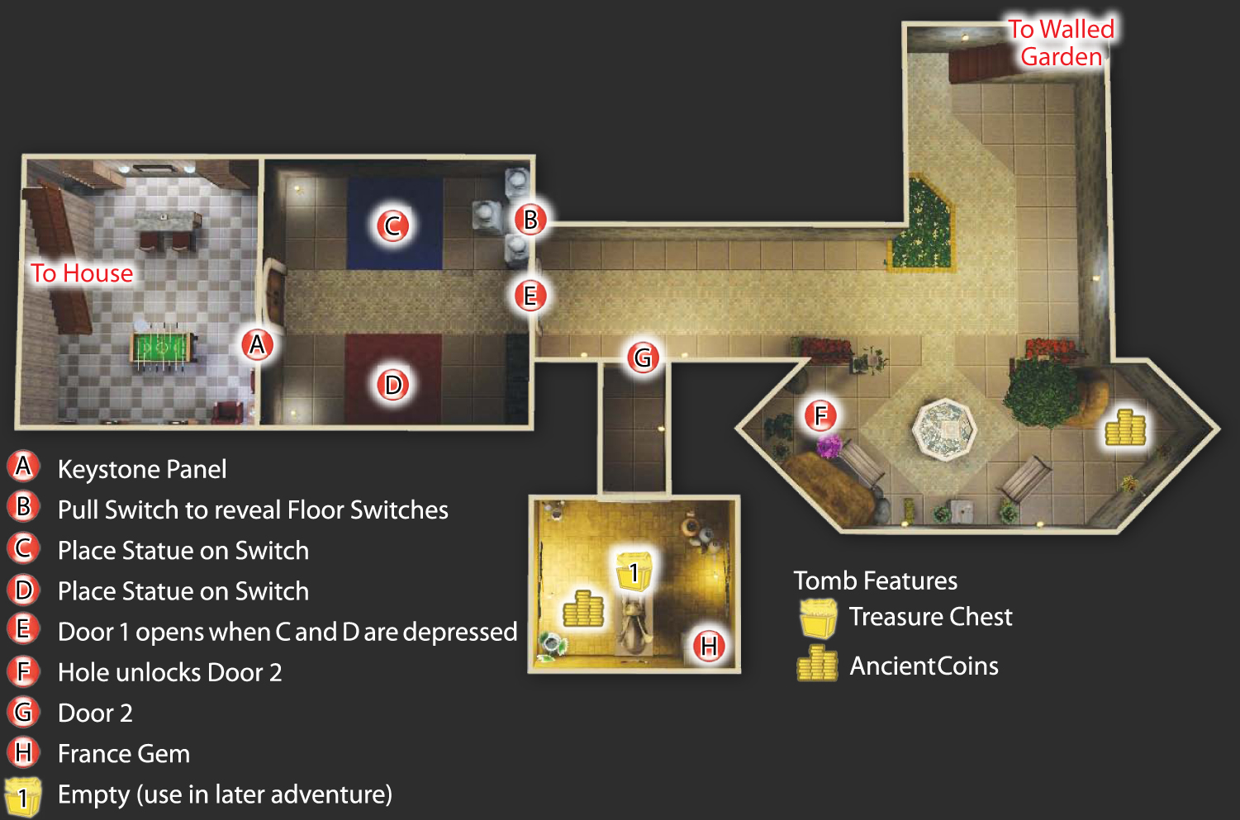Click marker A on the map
click(257, 344)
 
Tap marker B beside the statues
click(530, 219)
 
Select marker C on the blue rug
click(392, 225)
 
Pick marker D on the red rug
click(392, 385)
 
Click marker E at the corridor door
click(530, 296)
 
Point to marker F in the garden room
click(820, 415)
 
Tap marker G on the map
click(643, 358)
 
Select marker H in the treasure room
click(709, 646)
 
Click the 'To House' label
click(82, 273)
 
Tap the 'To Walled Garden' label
click(1062, 43)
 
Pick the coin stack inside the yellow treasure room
click(583, 609)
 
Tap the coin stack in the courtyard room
click(1125, 428)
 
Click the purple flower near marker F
click(829, 447)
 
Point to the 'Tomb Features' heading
click(875, 581)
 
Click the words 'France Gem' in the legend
click(124, 754)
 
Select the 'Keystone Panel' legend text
click(142, 470)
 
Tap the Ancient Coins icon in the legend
click(817, 663)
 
